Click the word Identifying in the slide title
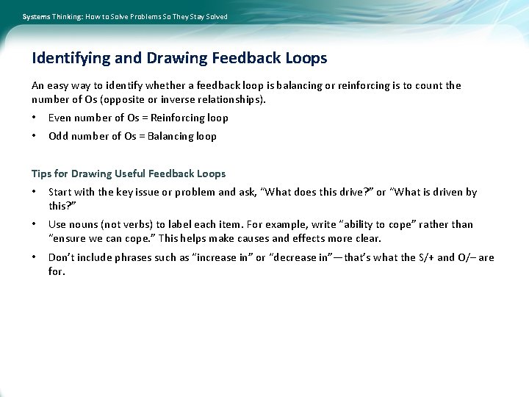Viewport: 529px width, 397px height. pyautogui.click(x=70, y=58)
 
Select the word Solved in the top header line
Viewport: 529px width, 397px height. pyautogui.click(x=217, y=16)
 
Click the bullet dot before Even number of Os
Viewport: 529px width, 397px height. pyautogui.click(x=34, y=118)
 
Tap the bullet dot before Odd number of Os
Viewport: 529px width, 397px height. pyautogui.click(x=34, y=136)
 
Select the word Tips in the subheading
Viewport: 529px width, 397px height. pyautogui.click(x=42, y=174)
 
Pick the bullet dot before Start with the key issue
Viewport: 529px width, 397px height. pyautogui.click(x=34, y=192)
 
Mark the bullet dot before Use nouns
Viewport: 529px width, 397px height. pyautogui.click(x=34, y=224)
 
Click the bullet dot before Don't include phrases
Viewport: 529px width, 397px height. pyautogui.click(x=34, y=257)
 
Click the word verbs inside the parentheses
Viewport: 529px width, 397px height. pyautogui.click(x=143, y=224)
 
